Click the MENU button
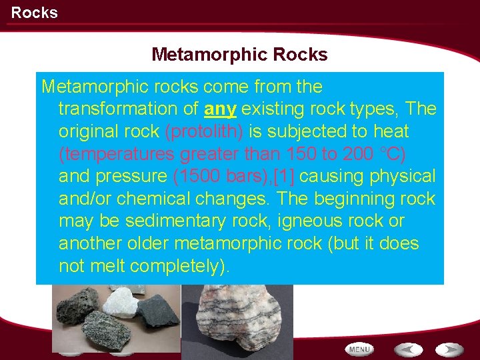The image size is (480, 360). pos(359,349)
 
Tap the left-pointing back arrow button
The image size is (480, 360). pos(407,349)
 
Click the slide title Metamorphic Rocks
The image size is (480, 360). pos(239,54)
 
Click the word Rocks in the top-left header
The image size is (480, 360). pos(34,13)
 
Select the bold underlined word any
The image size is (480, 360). pos(221,109)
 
